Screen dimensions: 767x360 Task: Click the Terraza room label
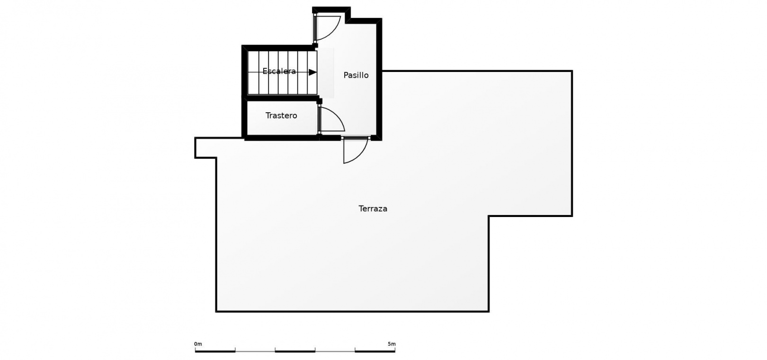[373, 208]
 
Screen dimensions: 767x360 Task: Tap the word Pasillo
[356, 75]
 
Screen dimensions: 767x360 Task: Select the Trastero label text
[281, 116]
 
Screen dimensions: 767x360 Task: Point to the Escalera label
[279, 71]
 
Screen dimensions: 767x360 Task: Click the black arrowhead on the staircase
[312, 72]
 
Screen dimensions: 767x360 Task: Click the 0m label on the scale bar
[198, 344]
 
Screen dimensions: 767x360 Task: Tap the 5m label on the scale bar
[392, 344]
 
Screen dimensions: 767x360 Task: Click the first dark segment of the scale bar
[215, 351]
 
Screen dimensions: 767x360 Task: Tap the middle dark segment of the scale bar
[295, 351]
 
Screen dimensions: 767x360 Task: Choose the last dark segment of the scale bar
[375, 351]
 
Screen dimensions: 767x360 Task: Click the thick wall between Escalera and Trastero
[281, 98]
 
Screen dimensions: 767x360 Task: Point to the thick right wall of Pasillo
[379, 79]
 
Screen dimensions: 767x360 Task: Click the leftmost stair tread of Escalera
[253, 72]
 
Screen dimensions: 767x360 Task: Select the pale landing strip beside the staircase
[326, 72]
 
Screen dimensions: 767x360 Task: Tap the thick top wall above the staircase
[279, 48]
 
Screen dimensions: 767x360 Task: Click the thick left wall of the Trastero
[244, 118]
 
